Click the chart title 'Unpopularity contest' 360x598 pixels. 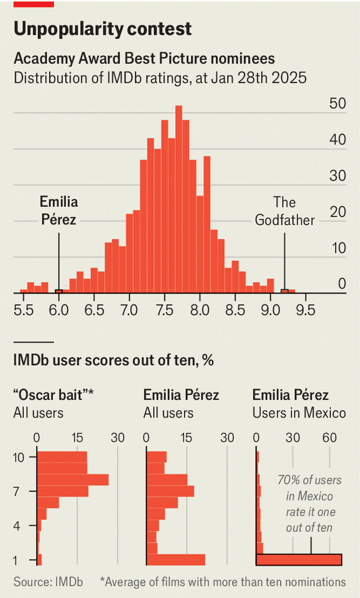point(102,28)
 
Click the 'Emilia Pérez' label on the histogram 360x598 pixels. point(59,211)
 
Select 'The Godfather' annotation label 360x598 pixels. point(284,211)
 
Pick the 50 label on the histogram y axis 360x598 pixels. point(337,104)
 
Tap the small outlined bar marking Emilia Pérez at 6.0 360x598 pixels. point(59,291)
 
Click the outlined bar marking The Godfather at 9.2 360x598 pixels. point(284,291)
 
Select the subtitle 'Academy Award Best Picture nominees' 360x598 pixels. point(144,59)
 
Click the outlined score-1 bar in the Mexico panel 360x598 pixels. point(299,560)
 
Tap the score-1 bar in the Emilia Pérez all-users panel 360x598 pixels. point(176,560)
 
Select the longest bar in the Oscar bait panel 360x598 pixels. point(73,480)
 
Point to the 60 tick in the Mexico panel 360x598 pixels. point(329,438)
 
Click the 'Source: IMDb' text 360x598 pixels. point(48,582)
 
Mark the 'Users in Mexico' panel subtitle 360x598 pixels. point(299,413)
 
